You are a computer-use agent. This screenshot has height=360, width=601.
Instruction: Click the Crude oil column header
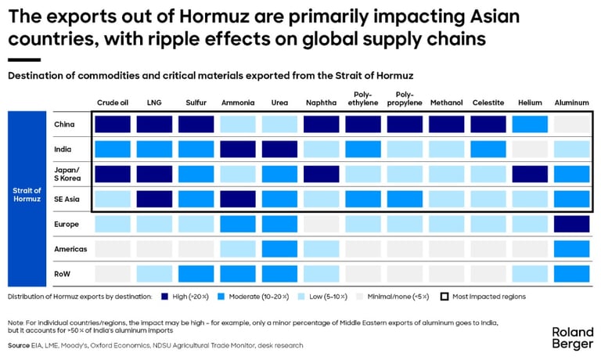(x=112, y=103)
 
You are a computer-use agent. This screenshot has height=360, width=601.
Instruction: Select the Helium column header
(x=531, y=103)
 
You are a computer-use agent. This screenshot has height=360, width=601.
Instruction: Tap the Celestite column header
(x=489, y=103)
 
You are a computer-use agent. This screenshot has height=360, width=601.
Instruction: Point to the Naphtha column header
(x=322, y=103)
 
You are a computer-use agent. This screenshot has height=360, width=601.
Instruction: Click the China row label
(x=64, y=124)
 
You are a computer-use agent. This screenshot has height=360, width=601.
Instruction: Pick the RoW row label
(x=63, y=273)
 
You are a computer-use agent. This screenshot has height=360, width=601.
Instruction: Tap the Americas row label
(x=70, y=249)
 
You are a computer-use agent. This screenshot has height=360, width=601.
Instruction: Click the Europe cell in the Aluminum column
(x=572, y=224)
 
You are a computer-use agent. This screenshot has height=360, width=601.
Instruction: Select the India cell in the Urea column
(x=279, y=149)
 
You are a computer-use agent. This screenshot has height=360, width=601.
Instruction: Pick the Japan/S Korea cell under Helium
(x=531, y=174)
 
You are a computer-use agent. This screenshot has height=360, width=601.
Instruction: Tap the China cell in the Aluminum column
(x=572, y=124)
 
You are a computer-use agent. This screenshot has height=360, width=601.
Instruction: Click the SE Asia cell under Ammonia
(x=237, y=199)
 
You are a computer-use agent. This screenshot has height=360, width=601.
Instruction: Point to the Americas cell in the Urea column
(x=279, y=249)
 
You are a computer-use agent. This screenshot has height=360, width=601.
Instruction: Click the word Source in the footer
(x=20, y=345)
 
